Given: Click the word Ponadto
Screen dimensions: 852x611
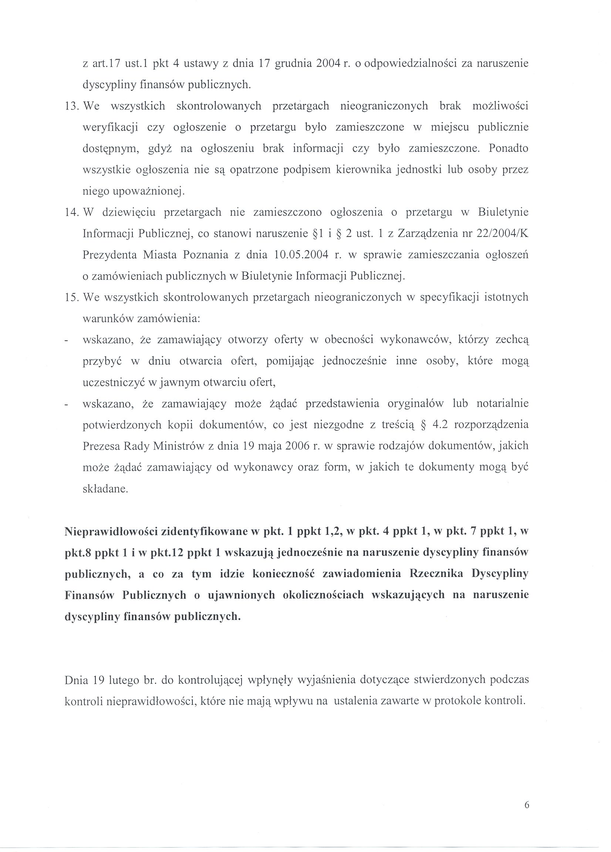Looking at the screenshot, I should [509, 149].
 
